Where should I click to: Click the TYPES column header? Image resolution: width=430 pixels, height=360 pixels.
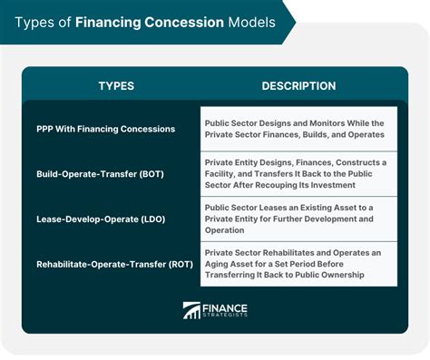coord(115,86)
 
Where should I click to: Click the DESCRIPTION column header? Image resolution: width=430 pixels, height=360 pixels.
coord(298,86)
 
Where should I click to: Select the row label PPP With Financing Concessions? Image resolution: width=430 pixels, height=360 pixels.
coord(105,129)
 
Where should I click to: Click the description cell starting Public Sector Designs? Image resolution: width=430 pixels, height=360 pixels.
coord(298,129)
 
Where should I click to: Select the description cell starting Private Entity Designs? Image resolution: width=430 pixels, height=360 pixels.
coord(298,173)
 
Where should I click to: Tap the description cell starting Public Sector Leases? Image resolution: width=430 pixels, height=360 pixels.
coord(298,219)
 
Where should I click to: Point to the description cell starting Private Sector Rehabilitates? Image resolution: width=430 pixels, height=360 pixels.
coord(298,264)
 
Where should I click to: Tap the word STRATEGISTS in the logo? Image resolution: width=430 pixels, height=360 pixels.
coord(226,316)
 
